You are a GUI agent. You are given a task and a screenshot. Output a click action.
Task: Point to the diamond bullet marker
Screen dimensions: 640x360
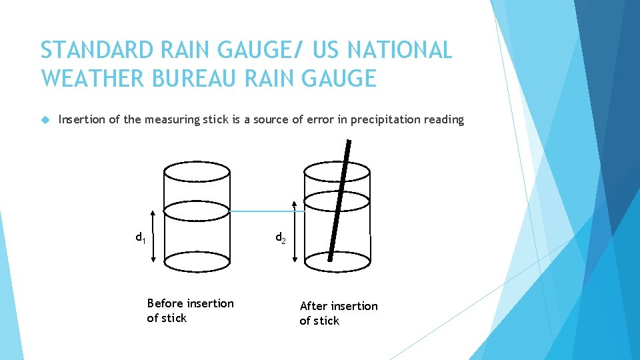pyautogui.click(x=45, y=120)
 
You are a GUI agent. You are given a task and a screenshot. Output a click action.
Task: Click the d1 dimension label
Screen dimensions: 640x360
pyautogui.click(x=141, y=237)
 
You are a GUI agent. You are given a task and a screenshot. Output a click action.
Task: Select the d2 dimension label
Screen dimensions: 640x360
pyautogui.click(x=281, y=238)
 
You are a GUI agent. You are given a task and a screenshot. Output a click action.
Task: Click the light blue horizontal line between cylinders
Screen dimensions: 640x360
pyautogui.click(x=267, y=211)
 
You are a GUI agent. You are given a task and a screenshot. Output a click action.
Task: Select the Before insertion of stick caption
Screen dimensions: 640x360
pyautogui.click(x=190, y=311)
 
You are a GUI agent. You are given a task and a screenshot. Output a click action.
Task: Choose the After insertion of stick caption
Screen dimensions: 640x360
pyautogui.click(x=338, y=313)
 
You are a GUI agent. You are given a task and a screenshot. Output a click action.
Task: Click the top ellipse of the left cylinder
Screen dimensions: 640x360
pyautogui.click(x=197, y=171)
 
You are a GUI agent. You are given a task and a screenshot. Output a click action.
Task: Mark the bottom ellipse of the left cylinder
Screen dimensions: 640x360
pyautogui.click(x=197, y=261)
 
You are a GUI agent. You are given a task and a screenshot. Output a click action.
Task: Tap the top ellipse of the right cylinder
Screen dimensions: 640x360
pyautogui.click(x=337, y=171)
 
